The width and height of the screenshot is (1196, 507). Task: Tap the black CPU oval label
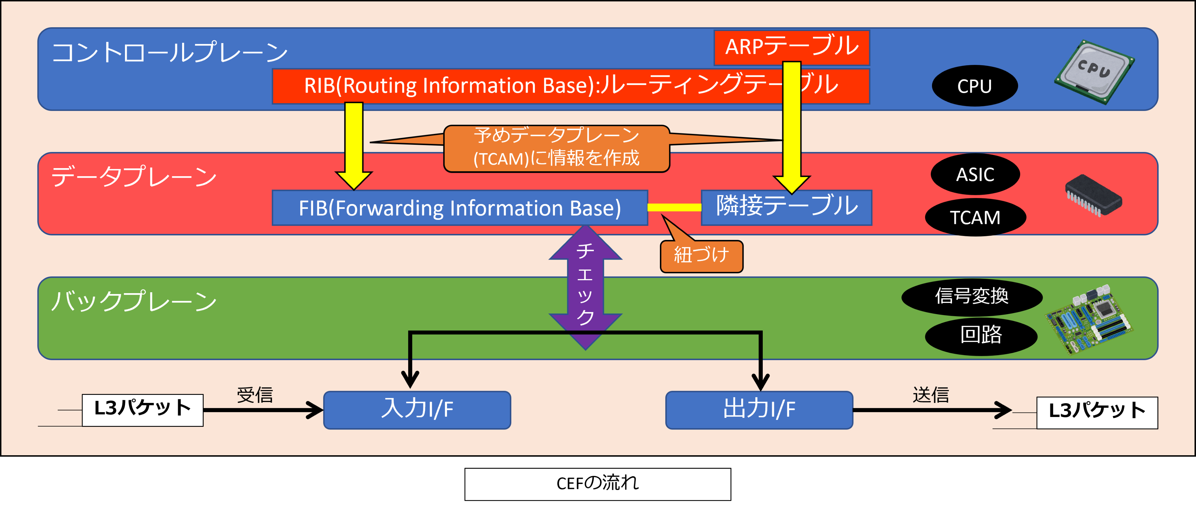(974, 86)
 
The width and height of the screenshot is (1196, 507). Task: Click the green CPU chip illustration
(1094, 72)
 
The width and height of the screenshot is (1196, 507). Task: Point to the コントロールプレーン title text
(170, 52)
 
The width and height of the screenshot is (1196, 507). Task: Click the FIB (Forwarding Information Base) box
(459, 208)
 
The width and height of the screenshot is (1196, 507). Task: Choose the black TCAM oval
(975, 217)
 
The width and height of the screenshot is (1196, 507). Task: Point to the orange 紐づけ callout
(701, 256)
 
